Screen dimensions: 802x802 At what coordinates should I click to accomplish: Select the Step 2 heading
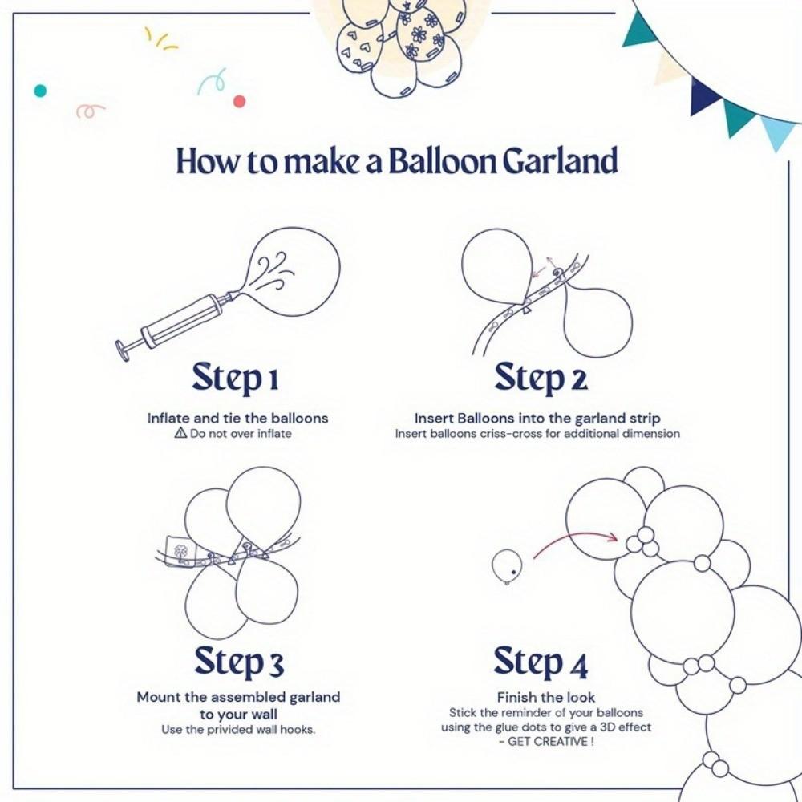[541, 378]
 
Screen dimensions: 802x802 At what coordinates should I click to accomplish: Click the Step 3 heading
[238, 662]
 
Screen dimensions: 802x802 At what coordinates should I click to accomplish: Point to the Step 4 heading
[541, 662]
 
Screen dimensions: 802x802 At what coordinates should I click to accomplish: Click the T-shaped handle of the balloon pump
[125, 350]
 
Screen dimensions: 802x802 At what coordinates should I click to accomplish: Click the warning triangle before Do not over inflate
[180, 434]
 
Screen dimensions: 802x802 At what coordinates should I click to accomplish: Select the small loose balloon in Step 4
[507, 566]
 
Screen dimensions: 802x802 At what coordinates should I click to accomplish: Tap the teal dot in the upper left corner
[40, 91]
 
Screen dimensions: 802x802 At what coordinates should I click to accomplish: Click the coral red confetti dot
[238, 101]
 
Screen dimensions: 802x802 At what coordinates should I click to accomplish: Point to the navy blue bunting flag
[706, 96]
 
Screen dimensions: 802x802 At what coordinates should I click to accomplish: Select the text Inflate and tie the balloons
[237, 418]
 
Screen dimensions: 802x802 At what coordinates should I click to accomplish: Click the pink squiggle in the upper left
[90, 111]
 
